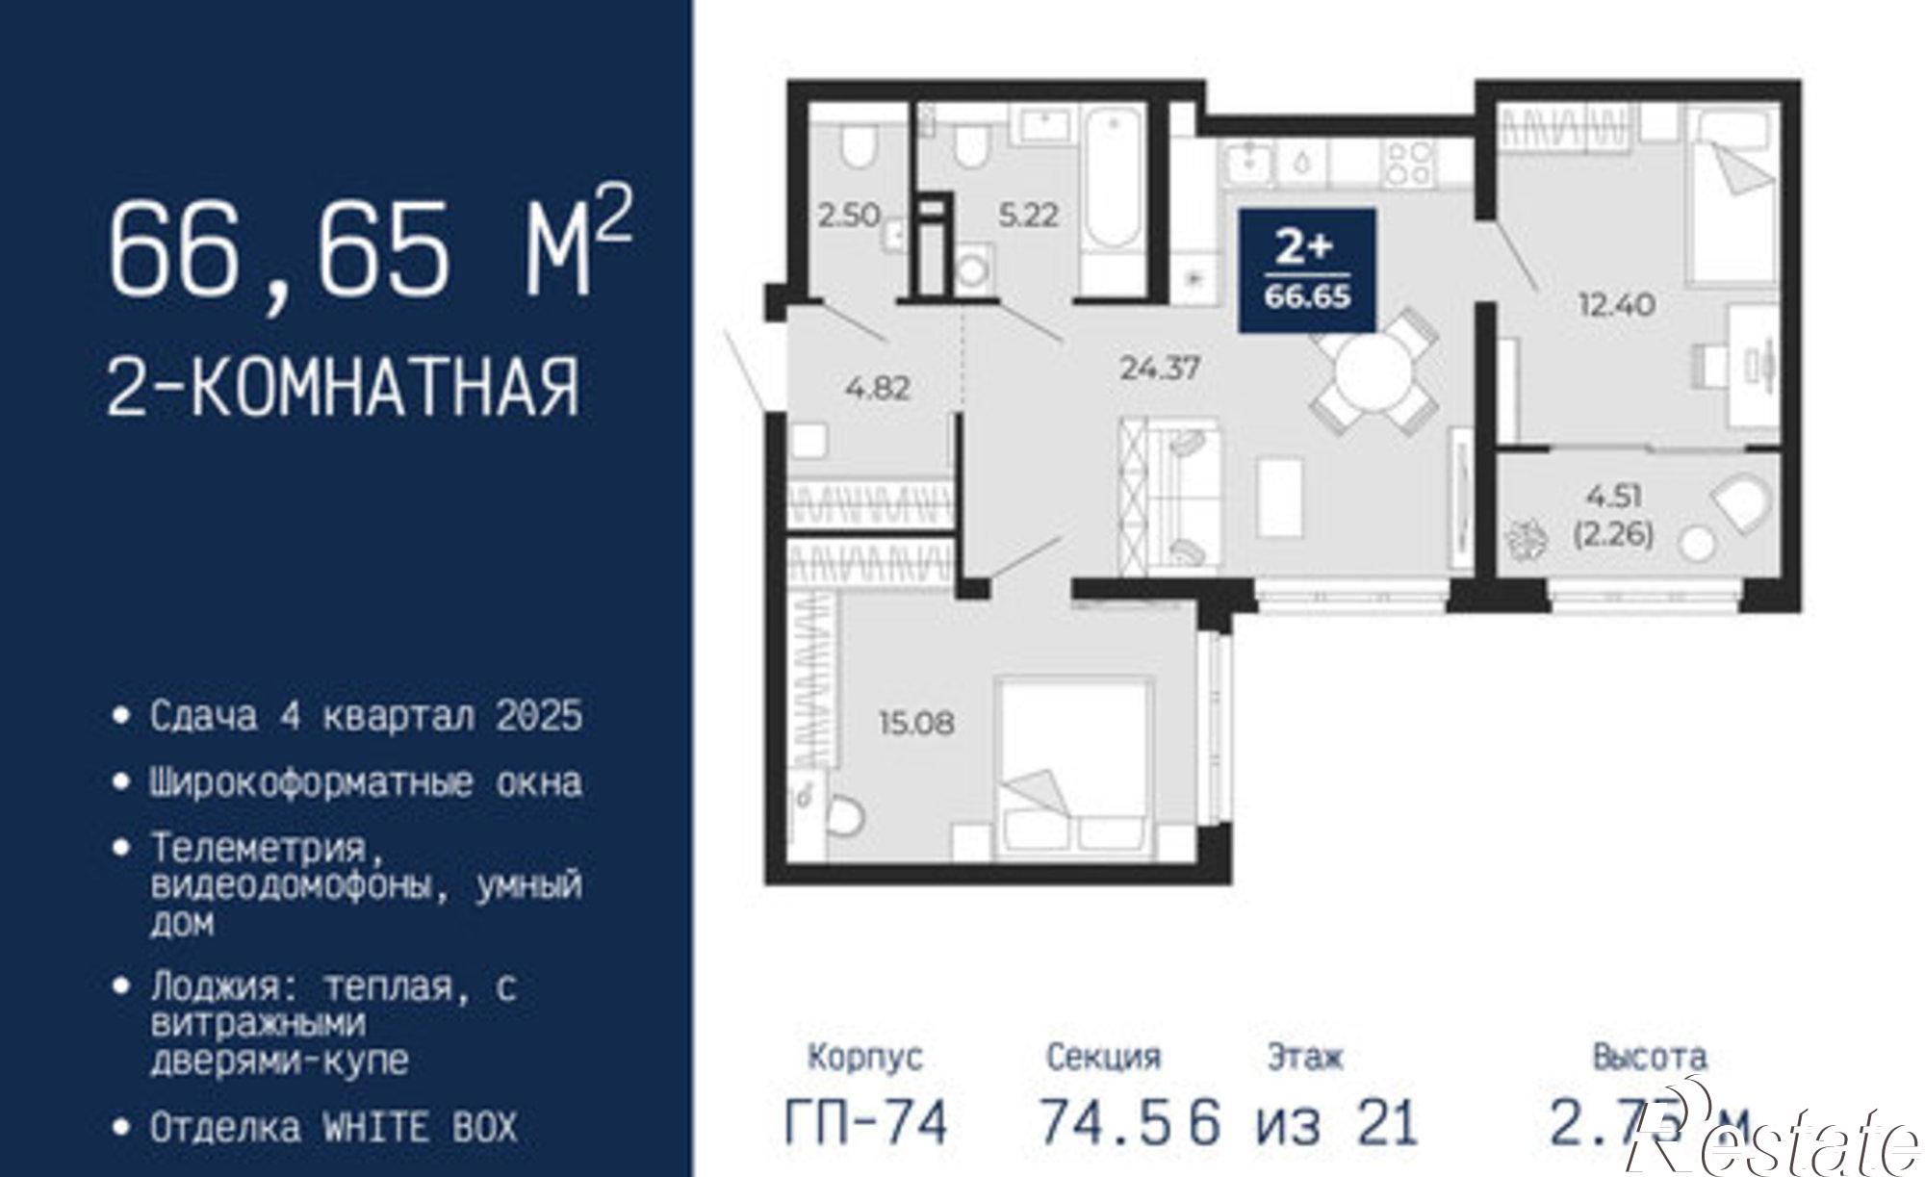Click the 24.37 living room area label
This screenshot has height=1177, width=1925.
(1160, 368)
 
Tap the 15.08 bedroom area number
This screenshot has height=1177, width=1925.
(915, 722)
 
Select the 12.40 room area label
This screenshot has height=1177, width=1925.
(1616, 305)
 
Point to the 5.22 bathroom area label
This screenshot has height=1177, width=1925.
(1028, 214)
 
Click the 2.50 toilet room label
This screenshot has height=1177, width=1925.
(849, 214)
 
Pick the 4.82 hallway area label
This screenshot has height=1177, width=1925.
(878, 388)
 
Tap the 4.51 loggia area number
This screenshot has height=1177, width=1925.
(1614, 497)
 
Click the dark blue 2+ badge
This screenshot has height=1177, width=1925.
(1306, 270)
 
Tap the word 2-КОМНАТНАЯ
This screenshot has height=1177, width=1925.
(344, 387)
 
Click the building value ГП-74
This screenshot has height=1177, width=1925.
(866, 1122)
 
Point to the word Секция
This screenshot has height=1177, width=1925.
(1103, 1057)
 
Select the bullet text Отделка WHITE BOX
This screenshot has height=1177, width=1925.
(333, 1127)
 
